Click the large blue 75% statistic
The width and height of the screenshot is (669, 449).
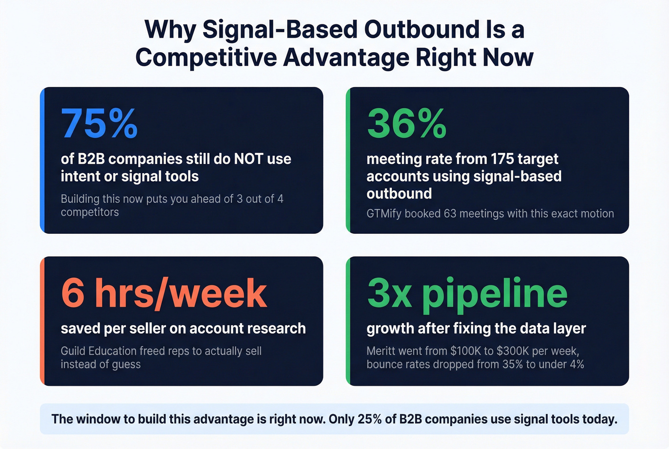point(99,124)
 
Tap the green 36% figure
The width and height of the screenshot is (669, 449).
point(407,124)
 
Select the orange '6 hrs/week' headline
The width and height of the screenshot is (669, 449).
point(164,293)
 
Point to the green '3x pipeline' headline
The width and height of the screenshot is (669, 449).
point(467,293)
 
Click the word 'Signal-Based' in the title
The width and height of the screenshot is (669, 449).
point(280,30)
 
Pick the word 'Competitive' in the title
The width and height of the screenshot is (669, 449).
point(206,58)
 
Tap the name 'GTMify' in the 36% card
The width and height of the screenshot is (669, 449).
point(384,214)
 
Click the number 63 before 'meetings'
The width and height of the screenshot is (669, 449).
point(450,214)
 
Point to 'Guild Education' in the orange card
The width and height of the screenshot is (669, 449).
point(98,351)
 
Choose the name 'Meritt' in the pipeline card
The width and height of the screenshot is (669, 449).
point(381,351)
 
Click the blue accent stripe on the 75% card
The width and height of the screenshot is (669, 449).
point(42,160)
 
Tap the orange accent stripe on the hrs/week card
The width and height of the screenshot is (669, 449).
point(42,321)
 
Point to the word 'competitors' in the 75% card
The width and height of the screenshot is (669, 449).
point(90,212)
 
